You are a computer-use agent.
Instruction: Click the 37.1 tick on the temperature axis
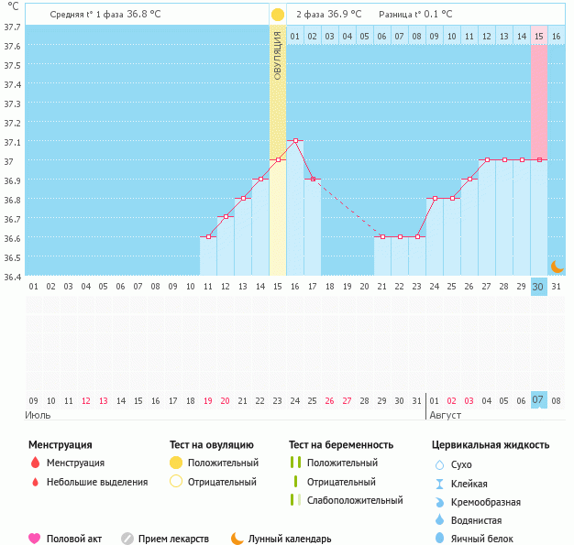(12, 142)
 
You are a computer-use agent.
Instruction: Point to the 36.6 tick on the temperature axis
(12, 237)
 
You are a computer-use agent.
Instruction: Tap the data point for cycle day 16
(295, 141)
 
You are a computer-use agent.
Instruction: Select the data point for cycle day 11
(208, 236)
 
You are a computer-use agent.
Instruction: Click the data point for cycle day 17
(313, 180)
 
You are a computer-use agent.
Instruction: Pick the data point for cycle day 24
(435, 198)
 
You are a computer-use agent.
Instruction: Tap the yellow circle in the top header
(278, 15)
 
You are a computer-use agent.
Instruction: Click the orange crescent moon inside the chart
(557, 266)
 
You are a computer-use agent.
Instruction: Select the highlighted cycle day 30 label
(539, 287)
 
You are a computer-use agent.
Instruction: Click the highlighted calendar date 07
(539, 400)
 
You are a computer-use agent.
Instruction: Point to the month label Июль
(39, 415)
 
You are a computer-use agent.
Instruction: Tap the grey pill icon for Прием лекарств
(127, 539)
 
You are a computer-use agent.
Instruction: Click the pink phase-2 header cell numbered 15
(539, 36)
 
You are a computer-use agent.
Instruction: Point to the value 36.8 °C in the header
(144, 15)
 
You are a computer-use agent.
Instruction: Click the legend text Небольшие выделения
(97, 482)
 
